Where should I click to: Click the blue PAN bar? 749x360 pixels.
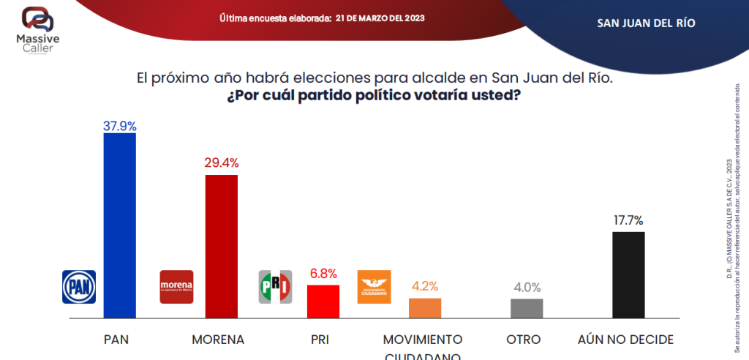[119, 225]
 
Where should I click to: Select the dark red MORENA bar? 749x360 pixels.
[221, 246]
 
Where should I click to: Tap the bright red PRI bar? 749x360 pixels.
[323, 301]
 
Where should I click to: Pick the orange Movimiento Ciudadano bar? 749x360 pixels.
[424, 308]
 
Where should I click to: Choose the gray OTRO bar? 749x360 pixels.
[527, 308]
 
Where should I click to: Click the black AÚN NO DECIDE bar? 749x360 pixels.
[628, 274]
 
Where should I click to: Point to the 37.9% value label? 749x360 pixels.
[120, 125]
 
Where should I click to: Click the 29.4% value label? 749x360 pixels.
[221, 163]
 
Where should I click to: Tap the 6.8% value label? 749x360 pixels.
[323, 274]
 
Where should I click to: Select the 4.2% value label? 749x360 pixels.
[424, 287]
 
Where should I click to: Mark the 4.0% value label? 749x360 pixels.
[526, 288]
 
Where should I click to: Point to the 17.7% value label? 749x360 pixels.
[628, 220]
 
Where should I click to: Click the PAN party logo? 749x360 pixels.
[79, 287]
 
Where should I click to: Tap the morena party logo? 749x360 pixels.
[176, 286]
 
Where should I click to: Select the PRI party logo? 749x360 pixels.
[275, 286]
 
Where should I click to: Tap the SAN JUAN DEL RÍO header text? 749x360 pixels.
[646, 23]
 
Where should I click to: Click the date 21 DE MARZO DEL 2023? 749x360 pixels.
[380, 17]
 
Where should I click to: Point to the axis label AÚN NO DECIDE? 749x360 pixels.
[625, 340]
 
